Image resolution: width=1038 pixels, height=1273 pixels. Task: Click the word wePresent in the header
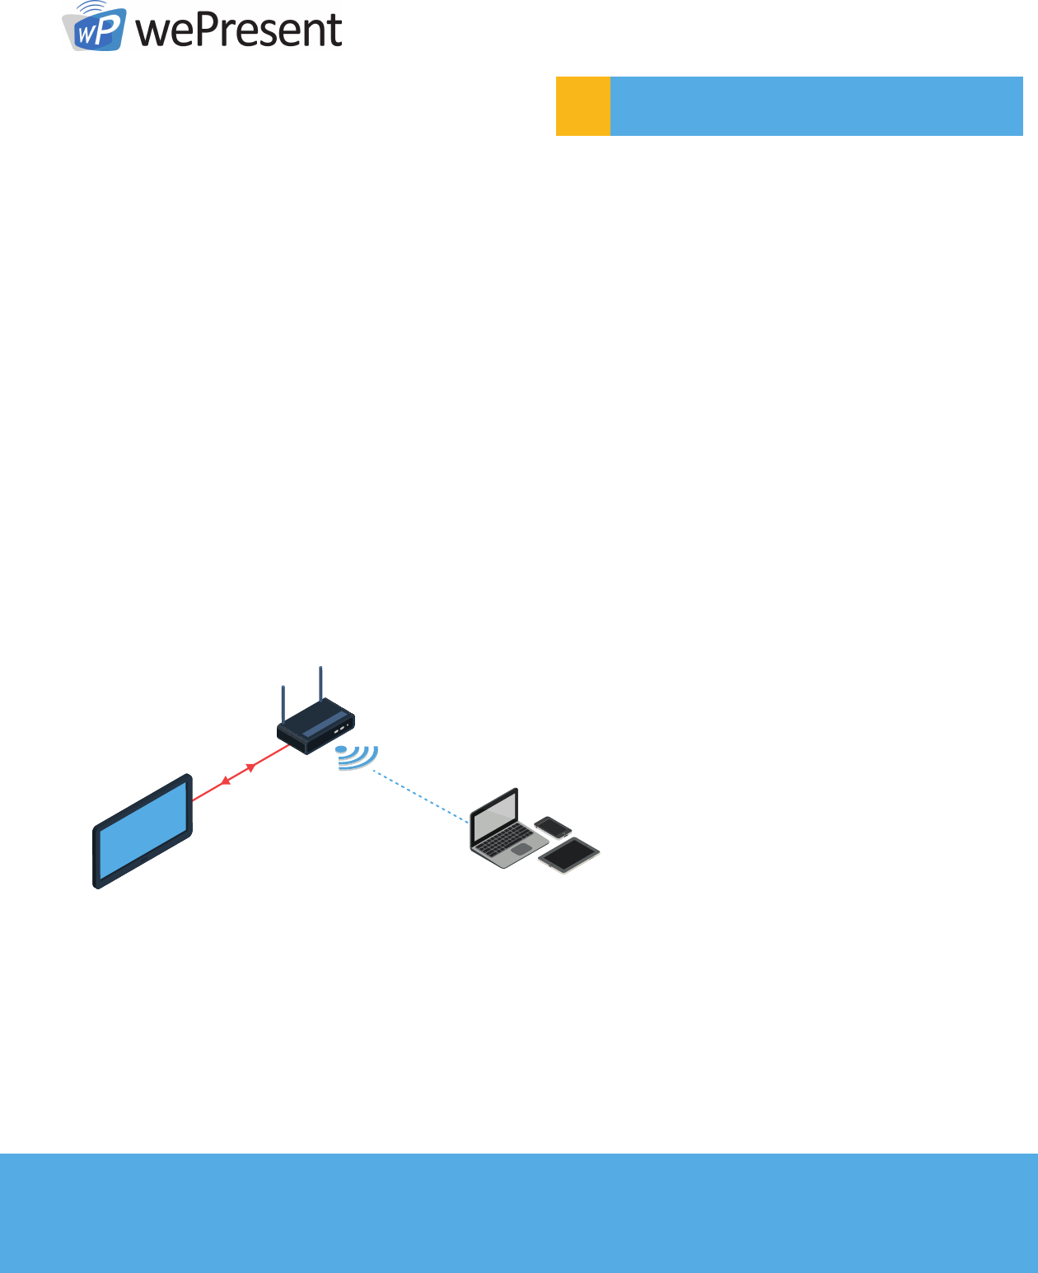(x=239, y=30)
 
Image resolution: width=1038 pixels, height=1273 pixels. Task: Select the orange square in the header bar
(x=583, y=105)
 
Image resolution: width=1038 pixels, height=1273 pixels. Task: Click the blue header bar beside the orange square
(x=816, y=105)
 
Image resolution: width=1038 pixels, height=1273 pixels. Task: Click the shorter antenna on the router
(x=283, y=704)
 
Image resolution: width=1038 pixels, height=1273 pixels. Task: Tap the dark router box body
(x=316, y=726)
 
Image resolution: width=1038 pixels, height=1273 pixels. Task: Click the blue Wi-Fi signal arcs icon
(x=358, y=757)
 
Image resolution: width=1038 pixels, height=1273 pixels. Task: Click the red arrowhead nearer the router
(x=250, y=767)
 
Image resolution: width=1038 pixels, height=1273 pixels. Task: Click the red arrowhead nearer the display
(x=226, y=781)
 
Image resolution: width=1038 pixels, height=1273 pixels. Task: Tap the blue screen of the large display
(x=143, y=831)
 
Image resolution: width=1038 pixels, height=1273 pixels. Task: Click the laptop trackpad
(x=521, y=848)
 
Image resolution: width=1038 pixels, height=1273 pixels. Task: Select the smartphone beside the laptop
(x=553, y=826)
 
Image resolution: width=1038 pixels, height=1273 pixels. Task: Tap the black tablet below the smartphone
(x=569, y=854)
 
